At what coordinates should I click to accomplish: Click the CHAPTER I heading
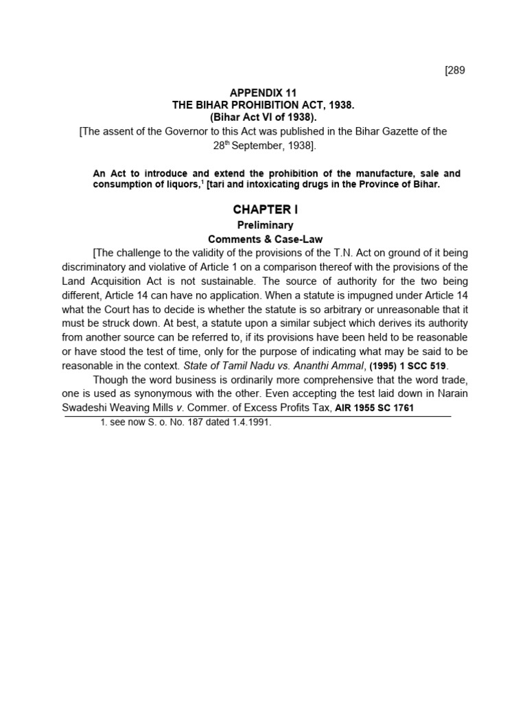pyautogui.click(x=266, y=209)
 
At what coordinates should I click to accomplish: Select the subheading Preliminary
pyautogui.click(x=265, y=225)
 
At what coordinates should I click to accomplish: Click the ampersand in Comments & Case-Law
pyautogui.click(x=268, y=239)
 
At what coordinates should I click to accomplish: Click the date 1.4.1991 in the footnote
pyautogui.click(x=248, y=423)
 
